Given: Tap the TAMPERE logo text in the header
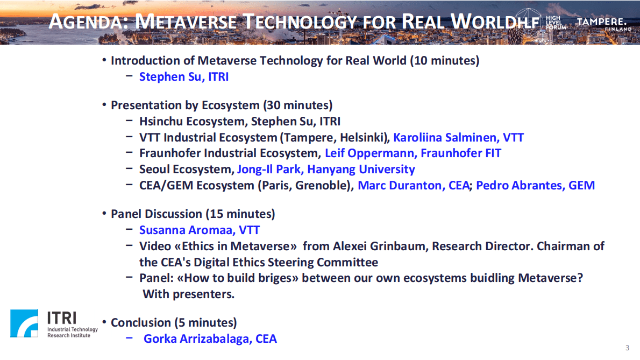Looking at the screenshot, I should tap(601, 22).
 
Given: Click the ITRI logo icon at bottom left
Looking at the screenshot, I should tap(24, 323).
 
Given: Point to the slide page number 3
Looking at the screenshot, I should tap(627, 347).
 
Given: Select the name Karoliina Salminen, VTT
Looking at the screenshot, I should tap(458, 137).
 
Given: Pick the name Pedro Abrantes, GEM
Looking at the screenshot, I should tap(535, 186).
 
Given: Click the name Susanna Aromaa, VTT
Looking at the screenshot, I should tap(200, 230).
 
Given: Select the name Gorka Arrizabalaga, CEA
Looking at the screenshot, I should tap(210, 339).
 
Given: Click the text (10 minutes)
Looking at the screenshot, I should tap(444, 60).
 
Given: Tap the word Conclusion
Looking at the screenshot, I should tap(140, 323).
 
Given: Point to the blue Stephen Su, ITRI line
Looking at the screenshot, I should tap(184, 77).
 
